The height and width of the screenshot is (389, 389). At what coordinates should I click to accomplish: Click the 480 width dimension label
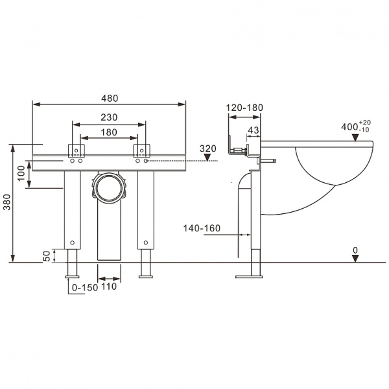point(110,99)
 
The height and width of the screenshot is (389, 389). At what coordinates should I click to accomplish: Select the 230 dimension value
point(109,117)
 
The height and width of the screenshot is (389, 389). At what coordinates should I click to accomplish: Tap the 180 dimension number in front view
point(109,132)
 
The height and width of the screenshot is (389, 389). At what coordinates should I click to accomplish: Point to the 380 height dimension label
point(6,204)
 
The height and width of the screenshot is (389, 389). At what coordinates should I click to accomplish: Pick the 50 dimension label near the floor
point(47,257)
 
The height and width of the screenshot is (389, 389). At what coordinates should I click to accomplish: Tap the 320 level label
point(207,148)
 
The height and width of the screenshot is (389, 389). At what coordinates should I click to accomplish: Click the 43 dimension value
point(253,130)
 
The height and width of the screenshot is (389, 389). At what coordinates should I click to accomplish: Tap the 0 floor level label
point(355,250)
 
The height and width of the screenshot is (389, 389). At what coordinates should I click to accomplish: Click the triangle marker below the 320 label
point(207,158)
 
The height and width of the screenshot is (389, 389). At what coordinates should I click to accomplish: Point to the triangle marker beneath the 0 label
point(355,259)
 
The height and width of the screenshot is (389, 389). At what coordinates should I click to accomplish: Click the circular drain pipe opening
point(108,188)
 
